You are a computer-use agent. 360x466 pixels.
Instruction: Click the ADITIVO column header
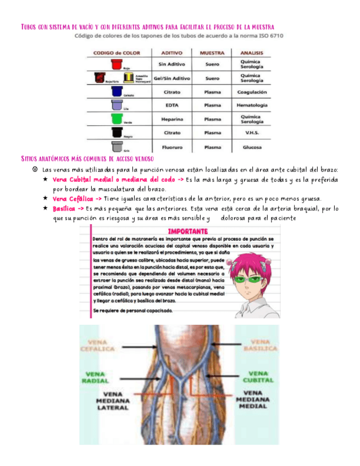pyautogui.click(x=171, y=53)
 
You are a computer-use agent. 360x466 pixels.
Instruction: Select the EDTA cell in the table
pyautogui.click(x=171, y=105)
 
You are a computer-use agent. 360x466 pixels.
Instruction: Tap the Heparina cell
pyautogui.click(x=171, y=119)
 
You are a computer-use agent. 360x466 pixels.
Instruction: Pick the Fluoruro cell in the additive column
pyautogui.click(x=171, y=147)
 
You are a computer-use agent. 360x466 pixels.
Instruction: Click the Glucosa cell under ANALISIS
pyautogui.click(x=252, y=147)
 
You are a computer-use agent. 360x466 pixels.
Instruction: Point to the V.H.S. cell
pyautogui.click(x=252, y=133)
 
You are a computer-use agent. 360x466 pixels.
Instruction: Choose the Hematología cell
pyautogui.click(x=252, y=105)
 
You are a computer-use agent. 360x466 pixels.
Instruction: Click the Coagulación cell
pyautogui.click(x=252, y=92)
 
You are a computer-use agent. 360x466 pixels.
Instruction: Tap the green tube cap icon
pyautogui.click(x=116, y=118)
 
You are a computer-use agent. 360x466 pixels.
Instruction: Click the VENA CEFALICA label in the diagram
pyautogui.click(x=98, y=345)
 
